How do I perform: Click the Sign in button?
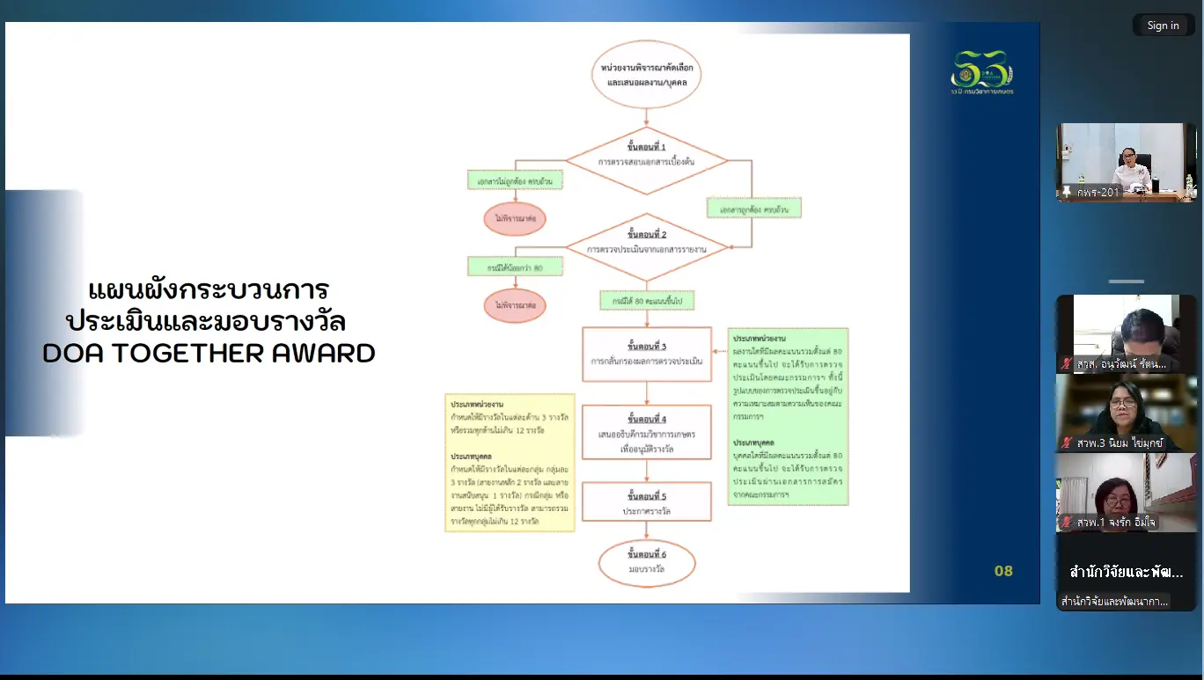coord(1163,26)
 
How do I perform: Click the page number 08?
coord(1003,571)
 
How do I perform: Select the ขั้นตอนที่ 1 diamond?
coord(647,161)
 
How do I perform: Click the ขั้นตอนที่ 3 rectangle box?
coord(647,354)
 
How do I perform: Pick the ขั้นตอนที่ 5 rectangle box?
coord(647,502)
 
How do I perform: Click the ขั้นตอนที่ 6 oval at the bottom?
coord(647,562)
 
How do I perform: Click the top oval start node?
coord(647,75)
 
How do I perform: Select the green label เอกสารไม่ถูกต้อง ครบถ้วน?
coord(514,180)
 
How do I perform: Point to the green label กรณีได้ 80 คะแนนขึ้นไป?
coord(647,301)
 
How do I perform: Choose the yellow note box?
coord(510,462)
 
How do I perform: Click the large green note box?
coord(789,415)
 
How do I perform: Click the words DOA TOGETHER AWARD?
coord(209,353)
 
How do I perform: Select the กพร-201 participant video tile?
coord(1126,161)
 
